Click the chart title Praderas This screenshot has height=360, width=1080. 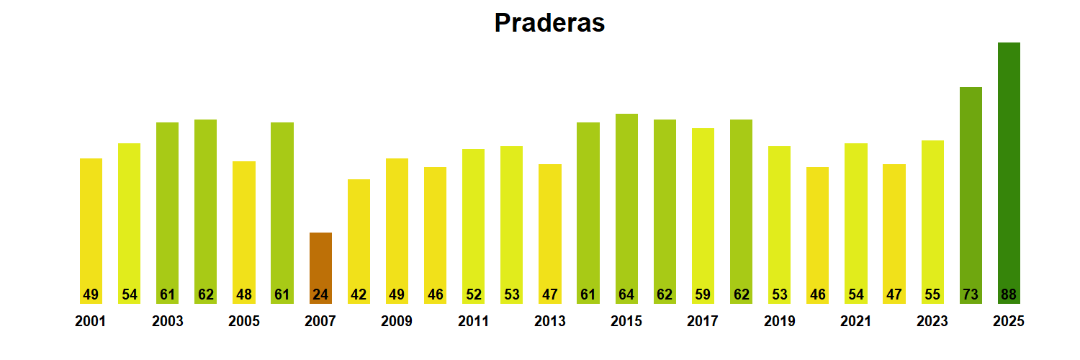pyautogui.click(x=549, y=23)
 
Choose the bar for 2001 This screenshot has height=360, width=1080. pyautogui.click(x=91, y=223)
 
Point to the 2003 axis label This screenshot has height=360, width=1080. pyautogui.click(x=167, y=322)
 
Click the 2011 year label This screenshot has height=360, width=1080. pyautogui.click(x=473, y=322)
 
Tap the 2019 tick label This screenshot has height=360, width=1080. pyautogui.click(x=779, y=322)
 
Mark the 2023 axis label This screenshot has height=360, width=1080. pyautogui.click(x=932, y=322)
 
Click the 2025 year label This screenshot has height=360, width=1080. pyautogui.click(x=1008, y=322)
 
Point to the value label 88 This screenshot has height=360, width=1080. pyautogui.click(x=1009, y=294)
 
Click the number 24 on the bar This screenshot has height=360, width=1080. pyautogui.click(x=320, y=294)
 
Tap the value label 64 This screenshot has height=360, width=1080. pyautogui.click(x=626, y=294)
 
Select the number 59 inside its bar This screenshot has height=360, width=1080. pyautogui.click(x=703, y=294)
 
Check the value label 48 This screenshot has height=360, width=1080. pyautogui.click(x=244, y=294)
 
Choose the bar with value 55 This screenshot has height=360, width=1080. pyautogui.click(x=932, y=216)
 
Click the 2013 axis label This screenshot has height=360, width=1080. pyautogui.click(x=549, y=322)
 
